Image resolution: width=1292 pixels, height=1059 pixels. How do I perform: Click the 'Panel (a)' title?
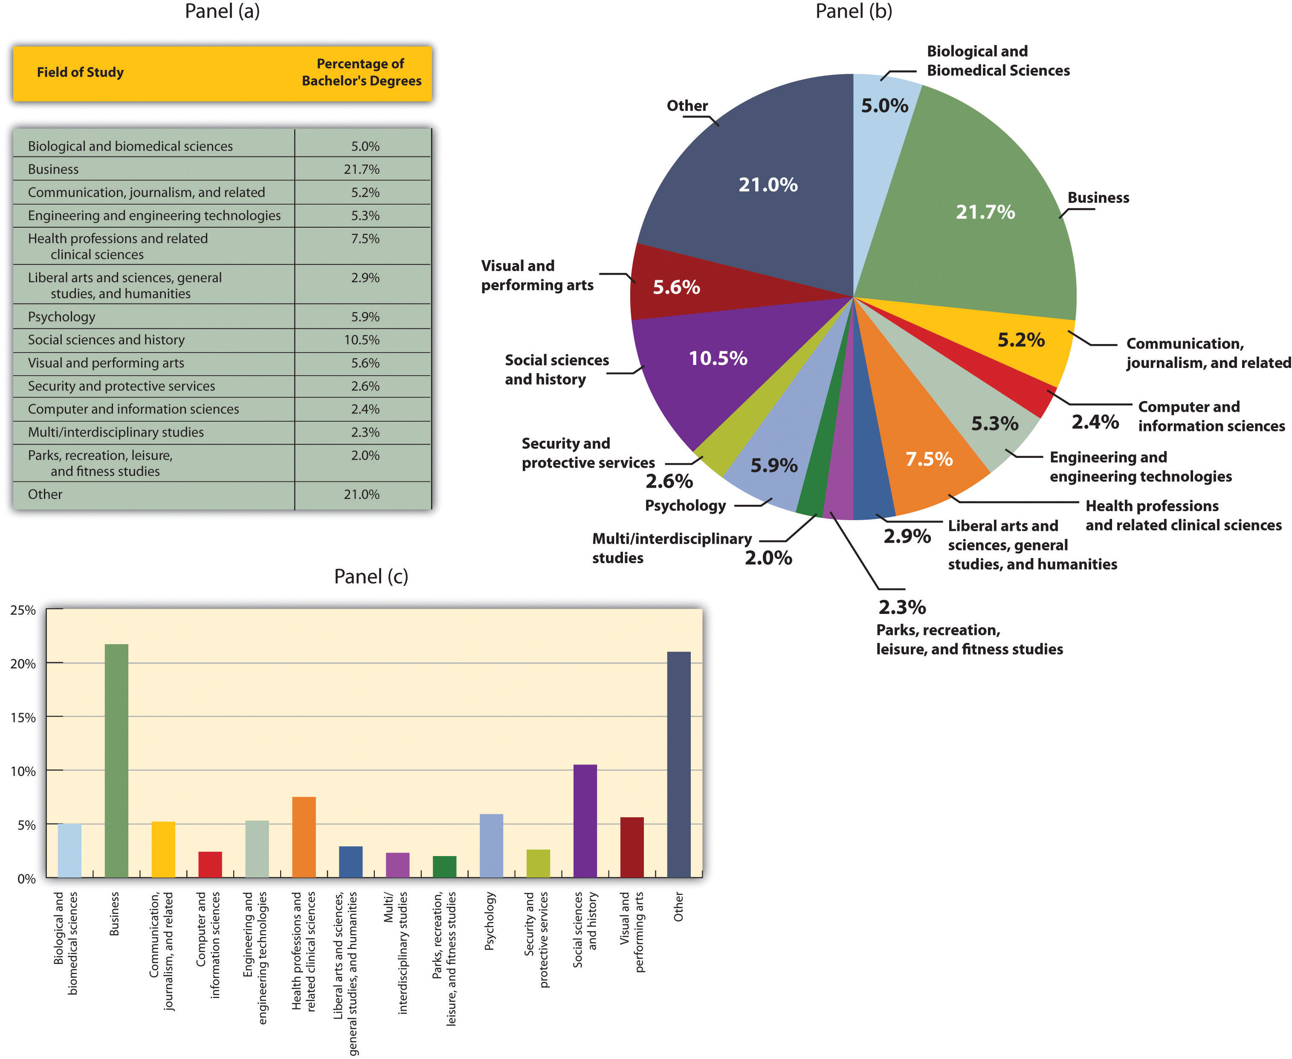point(222,11)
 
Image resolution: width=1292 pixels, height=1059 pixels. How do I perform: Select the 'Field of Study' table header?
point(80,72)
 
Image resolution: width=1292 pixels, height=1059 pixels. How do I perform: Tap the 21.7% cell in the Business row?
point(361,169)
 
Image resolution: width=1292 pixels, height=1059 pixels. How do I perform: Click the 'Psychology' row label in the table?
point(61,317)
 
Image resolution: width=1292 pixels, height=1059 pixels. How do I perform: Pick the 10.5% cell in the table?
point(361,340)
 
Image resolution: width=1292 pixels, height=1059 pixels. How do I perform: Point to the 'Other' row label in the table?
point(45,494)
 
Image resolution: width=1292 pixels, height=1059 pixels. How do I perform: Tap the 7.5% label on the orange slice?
point(928,459)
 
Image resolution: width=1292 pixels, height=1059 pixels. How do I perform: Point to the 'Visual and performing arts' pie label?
point(537,275)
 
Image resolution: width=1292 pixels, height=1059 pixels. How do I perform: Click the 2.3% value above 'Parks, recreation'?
point(901,607)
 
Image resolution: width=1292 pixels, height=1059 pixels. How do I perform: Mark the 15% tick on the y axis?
point(23,718)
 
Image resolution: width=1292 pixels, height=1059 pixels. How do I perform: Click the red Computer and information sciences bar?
point(210,865)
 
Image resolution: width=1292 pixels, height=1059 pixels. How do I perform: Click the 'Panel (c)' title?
point(371,576)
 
